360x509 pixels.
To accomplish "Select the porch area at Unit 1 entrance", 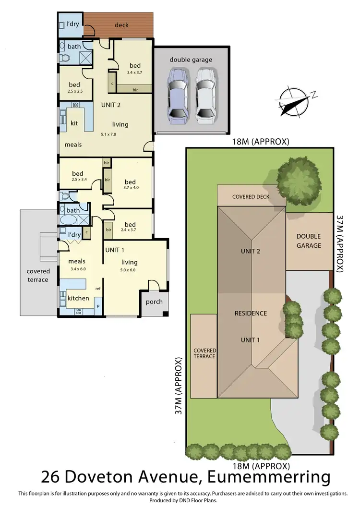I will click(x=154, y=302).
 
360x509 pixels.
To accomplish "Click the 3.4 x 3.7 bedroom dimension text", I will click(x=135, y=73).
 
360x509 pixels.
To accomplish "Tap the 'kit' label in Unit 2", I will click(x=74, y=123).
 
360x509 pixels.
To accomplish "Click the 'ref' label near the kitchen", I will click(x=97, y=289).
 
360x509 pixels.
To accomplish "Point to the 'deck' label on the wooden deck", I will click(x=122, y=25).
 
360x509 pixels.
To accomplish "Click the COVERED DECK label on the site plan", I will click(x=251, y=197).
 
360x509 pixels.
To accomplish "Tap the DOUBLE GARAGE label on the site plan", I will click(x=308, y=241).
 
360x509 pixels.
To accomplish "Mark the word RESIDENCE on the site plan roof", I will click(x=250, y=314).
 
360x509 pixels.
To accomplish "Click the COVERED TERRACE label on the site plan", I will click(x=204, y=354).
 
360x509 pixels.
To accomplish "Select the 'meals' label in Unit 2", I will click(x=73, y=145).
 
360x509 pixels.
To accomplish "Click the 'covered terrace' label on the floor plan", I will click(x=38, y=276).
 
